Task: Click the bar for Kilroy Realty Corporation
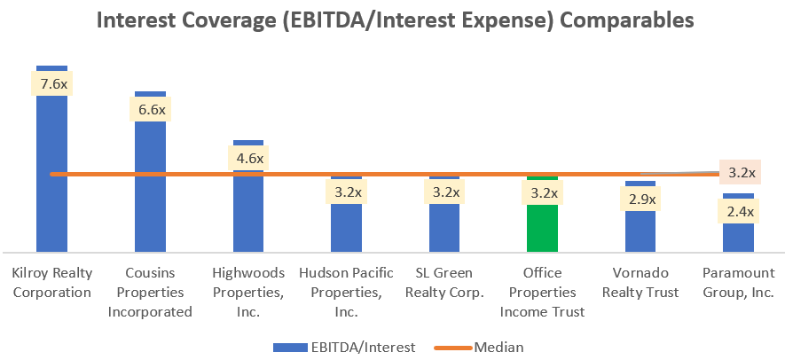tap(51, 177)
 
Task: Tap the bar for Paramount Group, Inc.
tap(738, 235)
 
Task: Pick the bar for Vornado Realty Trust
tap(640, 231)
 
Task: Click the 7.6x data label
tap(51, 84)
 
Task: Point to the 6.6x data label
tap(149, 110)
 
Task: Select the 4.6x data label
tap(247, 159)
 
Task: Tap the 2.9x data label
tap(640, 199)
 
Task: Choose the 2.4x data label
tap(738, 211)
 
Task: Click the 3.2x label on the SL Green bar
tap(444, 192)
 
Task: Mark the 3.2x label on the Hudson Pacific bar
tap(345, 192)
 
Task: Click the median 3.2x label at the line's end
tap(741, 172)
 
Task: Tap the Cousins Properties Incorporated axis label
tap(149, 292)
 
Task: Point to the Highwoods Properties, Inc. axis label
tap(247, 292)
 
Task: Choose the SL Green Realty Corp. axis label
tap(444, 282)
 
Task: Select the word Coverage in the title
tap(230, 20)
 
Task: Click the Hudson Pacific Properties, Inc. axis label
tap(345, 292)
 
